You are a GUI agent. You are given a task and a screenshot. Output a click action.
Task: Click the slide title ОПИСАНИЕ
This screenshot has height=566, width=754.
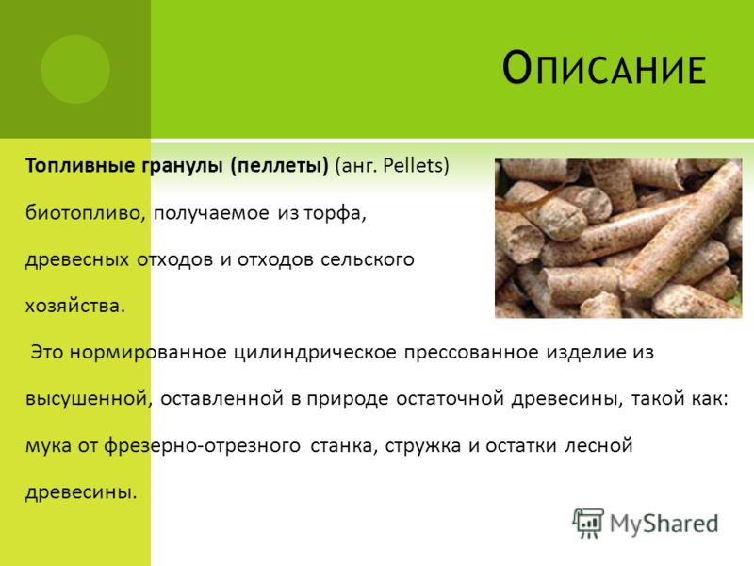[x=604, y=70]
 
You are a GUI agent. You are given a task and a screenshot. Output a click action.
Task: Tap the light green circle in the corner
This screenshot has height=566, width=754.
[x=75, y=69]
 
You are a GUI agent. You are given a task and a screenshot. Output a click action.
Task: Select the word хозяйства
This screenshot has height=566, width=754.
[x=74, y=306]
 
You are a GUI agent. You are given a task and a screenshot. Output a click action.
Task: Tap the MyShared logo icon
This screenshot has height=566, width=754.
[x=588, y=522]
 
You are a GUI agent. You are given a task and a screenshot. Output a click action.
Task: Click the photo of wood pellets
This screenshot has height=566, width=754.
[x=617, y=238]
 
